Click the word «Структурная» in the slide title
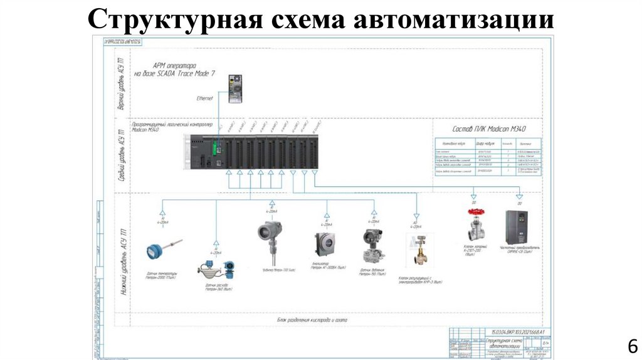click(x=174, y=19)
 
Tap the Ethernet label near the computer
click(x=205, y=98)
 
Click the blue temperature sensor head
click(x=154, y=251)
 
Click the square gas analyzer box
click(x=325, y=244)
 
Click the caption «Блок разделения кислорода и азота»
click(x=312, y=319)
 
